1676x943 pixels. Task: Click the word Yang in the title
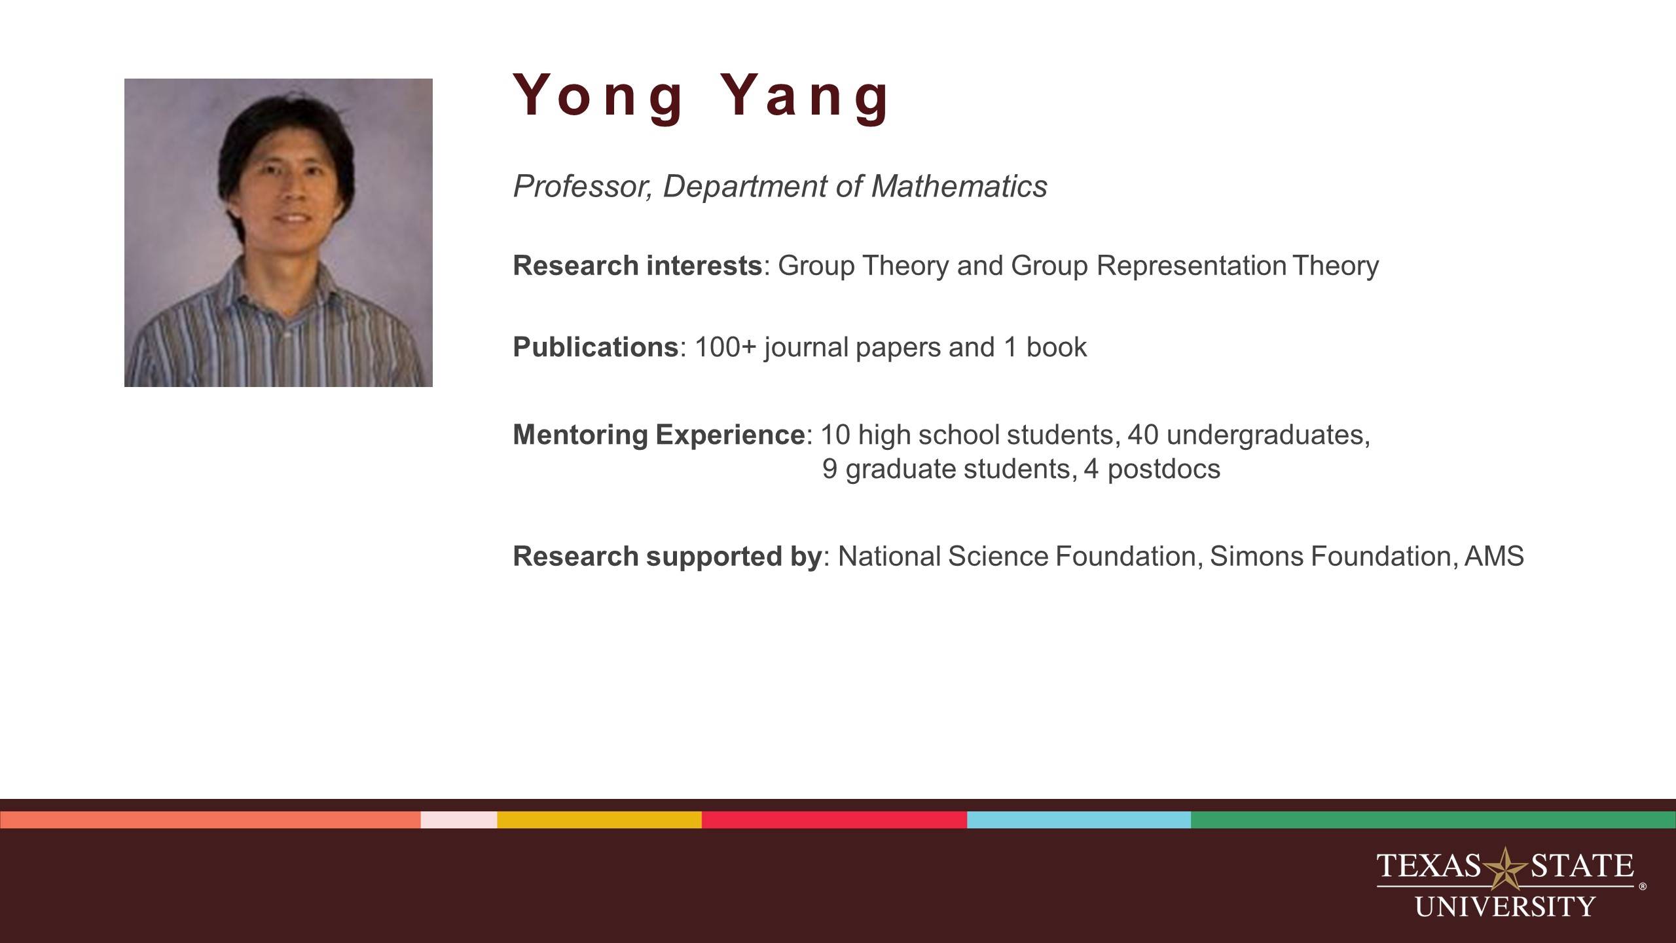click(805, 97)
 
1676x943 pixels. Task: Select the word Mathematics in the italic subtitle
click(959, 186)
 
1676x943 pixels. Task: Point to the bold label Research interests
click(637, 266)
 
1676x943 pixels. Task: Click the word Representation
click(1191, 266)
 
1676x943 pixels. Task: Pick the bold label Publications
click(595, 347)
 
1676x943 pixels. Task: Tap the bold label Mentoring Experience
click(659, 435)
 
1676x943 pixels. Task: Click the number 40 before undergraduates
click(1142, 435)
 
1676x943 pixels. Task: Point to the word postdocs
click(1163, 470)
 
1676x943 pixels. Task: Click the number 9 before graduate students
click(829, 470)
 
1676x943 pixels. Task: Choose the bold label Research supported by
click(667, 557)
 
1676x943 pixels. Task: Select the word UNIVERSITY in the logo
click(1505, 907)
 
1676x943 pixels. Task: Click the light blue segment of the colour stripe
click(1078, 820)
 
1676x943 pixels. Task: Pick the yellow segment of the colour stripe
click(599, 820)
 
